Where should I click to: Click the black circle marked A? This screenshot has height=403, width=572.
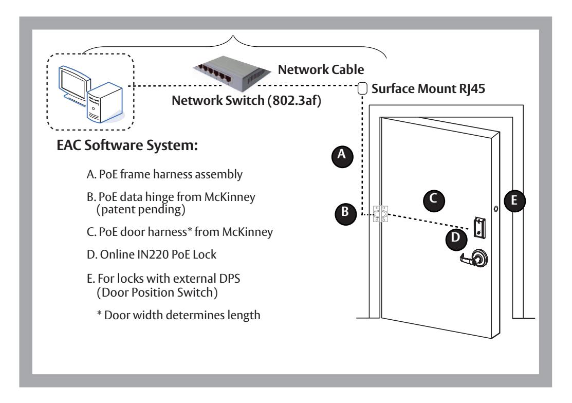[342, 156]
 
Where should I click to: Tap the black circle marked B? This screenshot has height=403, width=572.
[345, 214]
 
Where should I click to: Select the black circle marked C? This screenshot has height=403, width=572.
[434, 200]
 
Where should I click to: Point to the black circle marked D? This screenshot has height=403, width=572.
[456, 240]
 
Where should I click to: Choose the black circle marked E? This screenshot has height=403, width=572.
[514, 201]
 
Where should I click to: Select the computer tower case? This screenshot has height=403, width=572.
[105, 103]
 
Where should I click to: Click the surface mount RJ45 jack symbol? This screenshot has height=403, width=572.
[362, 88]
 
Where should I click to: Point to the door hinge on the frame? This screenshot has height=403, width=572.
[380, 214]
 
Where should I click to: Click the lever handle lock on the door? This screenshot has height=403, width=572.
[475, 258]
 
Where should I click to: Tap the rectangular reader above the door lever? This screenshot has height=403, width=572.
[479, 228]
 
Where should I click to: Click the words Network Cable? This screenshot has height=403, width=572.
[321, 69]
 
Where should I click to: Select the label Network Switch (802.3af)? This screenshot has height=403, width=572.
[246, 100]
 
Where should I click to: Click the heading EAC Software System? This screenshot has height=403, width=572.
[127, 145]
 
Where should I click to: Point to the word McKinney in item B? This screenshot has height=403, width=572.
[229, 197]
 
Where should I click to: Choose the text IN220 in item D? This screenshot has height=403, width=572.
[153, 254]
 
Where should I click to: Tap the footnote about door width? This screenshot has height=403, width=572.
[179, 315]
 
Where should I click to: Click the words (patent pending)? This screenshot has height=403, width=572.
[141, 210]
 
